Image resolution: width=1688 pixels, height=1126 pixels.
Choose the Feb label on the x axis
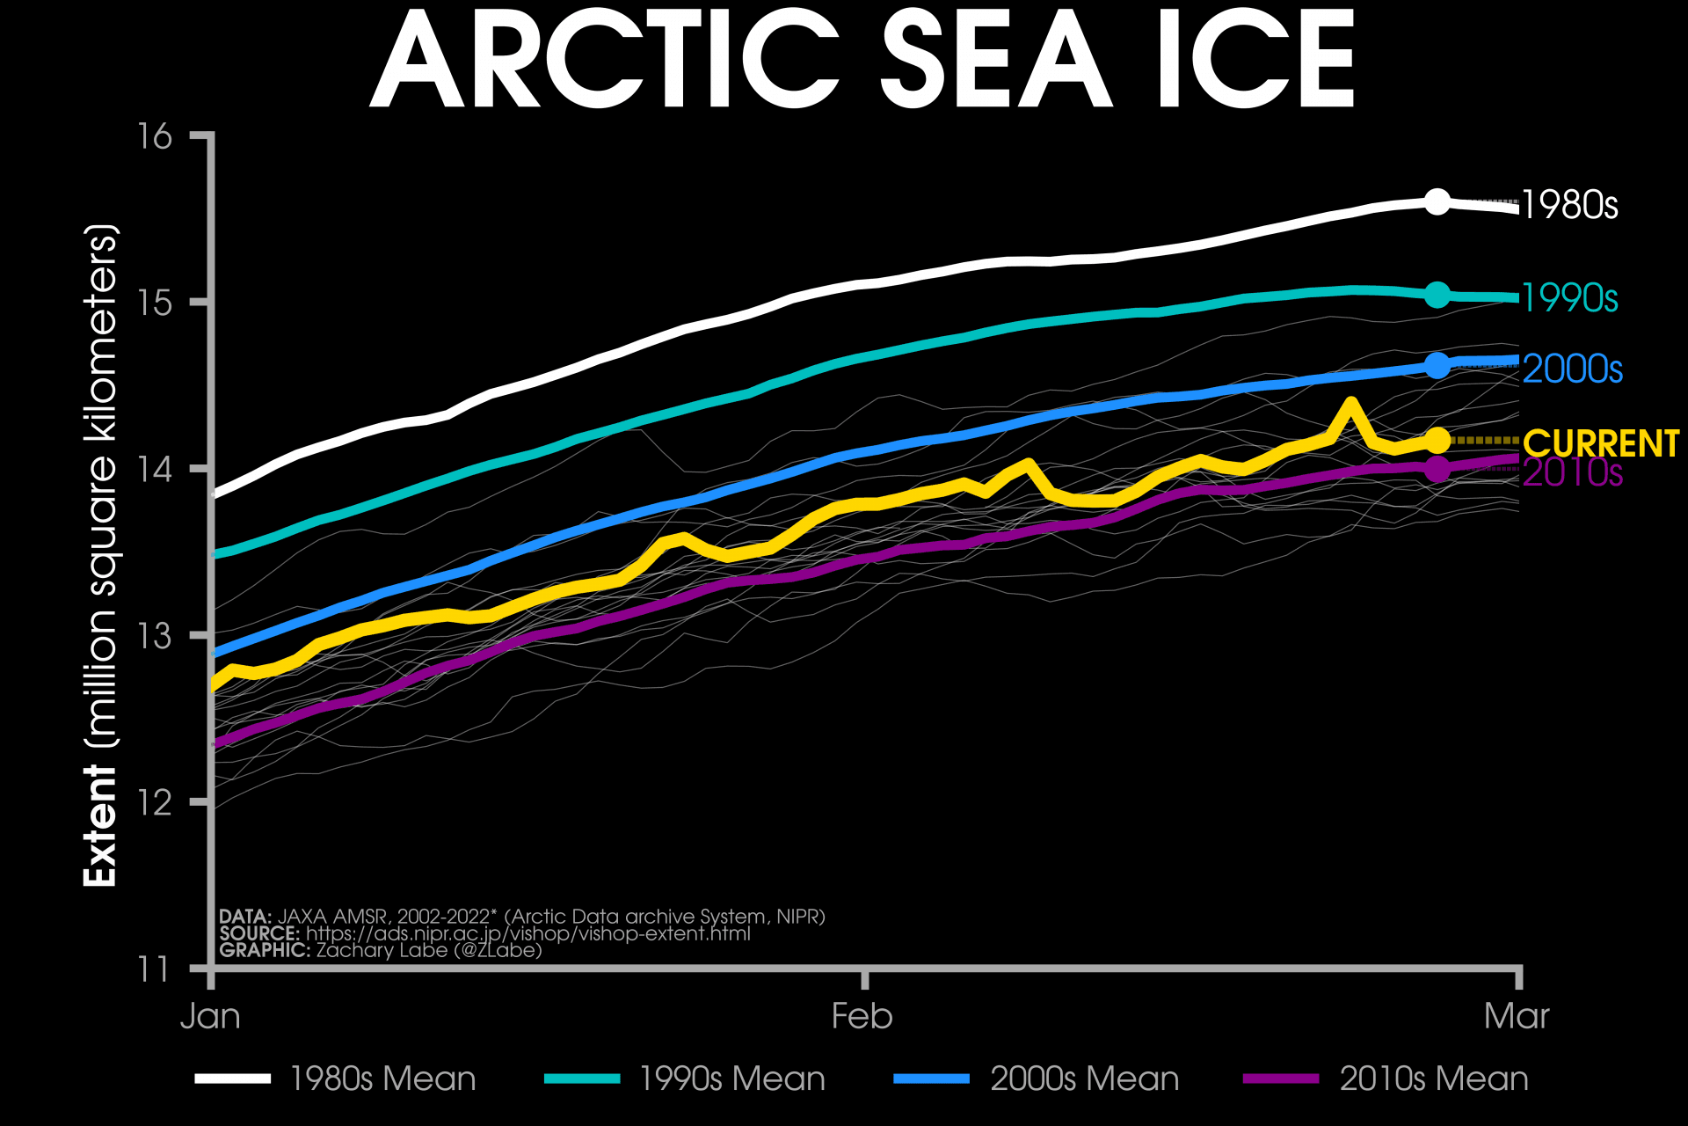pyautogui.click(x=862, y=1017)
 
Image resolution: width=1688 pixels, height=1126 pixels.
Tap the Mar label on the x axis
pyautogui.click(x=1517, y=1017)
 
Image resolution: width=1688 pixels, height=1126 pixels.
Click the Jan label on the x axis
pyautogui.click(x=210, y=1017)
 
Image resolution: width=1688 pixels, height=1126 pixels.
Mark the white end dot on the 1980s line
pyautogui.click(x=1437, y=201)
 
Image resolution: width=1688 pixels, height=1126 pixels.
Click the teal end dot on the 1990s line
pyautogui.click(x=1437, y=295)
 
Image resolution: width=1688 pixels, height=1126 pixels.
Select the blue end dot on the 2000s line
pyautogui.click(x=1437, y=365)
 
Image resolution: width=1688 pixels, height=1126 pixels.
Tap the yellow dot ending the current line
pyautogui.click(x=1437, y=440)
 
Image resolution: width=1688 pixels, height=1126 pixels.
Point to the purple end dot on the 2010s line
pyautogui.click(x=1437, y=470)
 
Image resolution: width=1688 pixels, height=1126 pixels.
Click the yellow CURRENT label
pyautogui.click(x=1600, y=444)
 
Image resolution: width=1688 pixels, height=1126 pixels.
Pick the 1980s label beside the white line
pyautogui.click(x=1569, y=205)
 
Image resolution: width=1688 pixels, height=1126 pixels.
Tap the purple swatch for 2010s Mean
pyautogui.click(x=1281, y=1078)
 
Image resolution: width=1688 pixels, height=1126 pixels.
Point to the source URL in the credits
pyautogui.click(x=527, y=933)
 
